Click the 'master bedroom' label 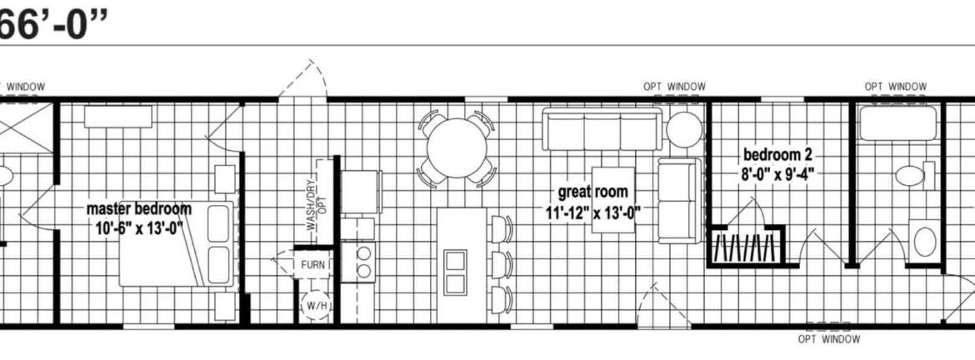(138, 208)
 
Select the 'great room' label (592, 192)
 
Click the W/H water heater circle (315, 305)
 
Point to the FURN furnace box (312, 265)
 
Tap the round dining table (457, 148)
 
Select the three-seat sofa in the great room (602, 129)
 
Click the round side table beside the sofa (684, 129)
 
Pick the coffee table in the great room (612, 200)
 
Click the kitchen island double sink (456, 272)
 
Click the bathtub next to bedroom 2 (897, 123)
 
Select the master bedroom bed (177, 243)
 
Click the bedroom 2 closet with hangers (746, 246)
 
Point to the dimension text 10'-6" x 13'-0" (138, 228)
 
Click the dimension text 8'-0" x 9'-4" (777, 172)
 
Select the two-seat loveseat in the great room (680, 200)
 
